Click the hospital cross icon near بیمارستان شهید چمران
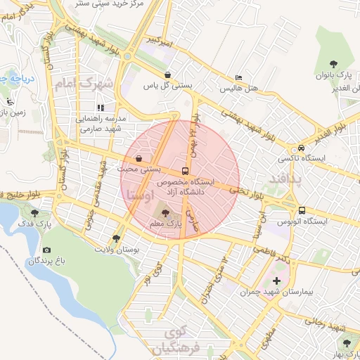(276, 281)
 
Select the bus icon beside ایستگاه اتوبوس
(302, 210)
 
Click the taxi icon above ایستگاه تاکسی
(301, 148)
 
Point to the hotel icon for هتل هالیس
(239, 78)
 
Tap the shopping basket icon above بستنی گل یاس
(167, 74)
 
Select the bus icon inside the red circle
(185, 170)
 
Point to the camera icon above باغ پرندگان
(46, 250)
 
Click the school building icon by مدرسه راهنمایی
(101, 108)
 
